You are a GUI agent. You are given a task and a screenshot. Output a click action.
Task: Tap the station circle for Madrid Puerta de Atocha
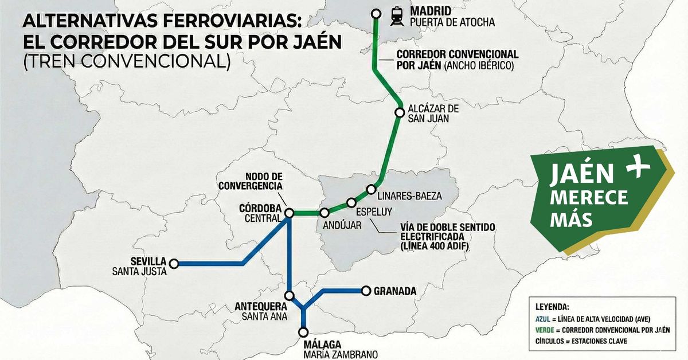pyautogui.click(x=376, y=14)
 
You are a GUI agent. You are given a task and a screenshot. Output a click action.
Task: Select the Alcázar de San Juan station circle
pyautogui.click(x=400, y=112)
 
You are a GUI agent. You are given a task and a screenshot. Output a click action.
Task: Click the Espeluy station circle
pyautogui.click(x=351, y=202)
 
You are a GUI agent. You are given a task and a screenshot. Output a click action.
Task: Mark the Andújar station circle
pyautogui.click(x=325, y=213)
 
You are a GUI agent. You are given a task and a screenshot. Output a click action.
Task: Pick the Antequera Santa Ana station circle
pyautogui.click(x=290, y=296)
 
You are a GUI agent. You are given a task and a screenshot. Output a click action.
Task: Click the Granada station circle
pyautogui.click(x=365, y=291)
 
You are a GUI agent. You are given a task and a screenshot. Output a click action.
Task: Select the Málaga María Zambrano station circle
pyautogui.click(x=303, y=331)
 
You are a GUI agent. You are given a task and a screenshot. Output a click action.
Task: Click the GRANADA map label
pyautogui.click(x=394, y=291)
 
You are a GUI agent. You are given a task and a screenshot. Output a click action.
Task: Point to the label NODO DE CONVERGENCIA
pyautogui.click(x=250, y=181)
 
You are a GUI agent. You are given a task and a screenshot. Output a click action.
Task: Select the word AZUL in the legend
pyautogui.click(x=544, y=319)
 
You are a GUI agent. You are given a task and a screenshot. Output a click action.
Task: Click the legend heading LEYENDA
pyautogui.click(x=552, y=307)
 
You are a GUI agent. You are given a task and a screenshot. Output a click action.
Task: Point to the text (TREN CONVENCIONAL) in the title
pyautogui.click(x=127, y=61)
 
